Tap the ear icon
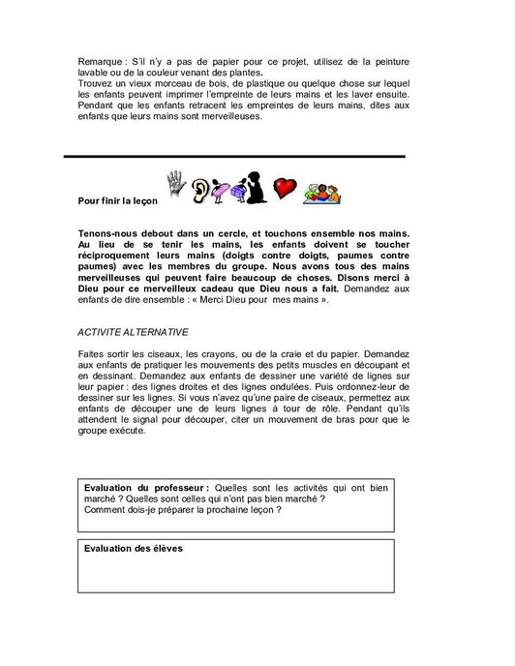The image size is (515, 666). pyautogui.click(x=200, y=189)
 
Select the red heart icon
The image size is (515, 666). pyautogui.click(x=283, y=188)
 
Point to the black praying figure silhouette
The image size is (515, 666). pyautogui.click(x=255, y=188)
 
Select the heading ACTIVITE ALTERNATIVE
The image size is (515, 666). pyautogui.click(x=133, y=331)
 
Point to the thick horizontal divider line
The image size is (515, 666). pyautogui.click(x=233, y=156)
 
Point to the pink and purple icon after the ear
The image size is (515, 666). pyautogui.click(x=227, y=190)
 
